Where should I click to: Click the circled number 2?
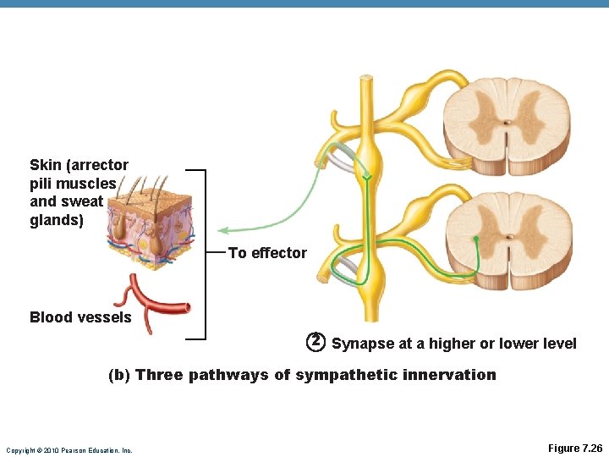point(315,341)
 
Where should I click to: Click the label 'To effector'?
point(267,253)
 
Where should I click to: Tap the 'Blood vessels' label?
point(80,317)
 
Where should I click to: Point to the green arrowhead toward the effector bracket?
point(222,229)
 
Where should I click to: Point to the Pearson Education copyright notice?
point(69,450)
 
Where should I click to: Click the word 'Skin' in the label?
point(45,165)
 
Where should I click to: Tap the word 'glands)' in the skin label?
point(57,220)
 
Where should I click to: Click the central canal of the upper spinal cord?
point(507,122)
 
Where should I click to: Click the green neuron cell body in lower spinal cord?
point(476,240)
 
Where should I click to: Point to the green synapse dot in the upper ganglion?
point(367,176)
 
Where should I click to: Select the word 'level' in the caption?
point(559,344)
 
